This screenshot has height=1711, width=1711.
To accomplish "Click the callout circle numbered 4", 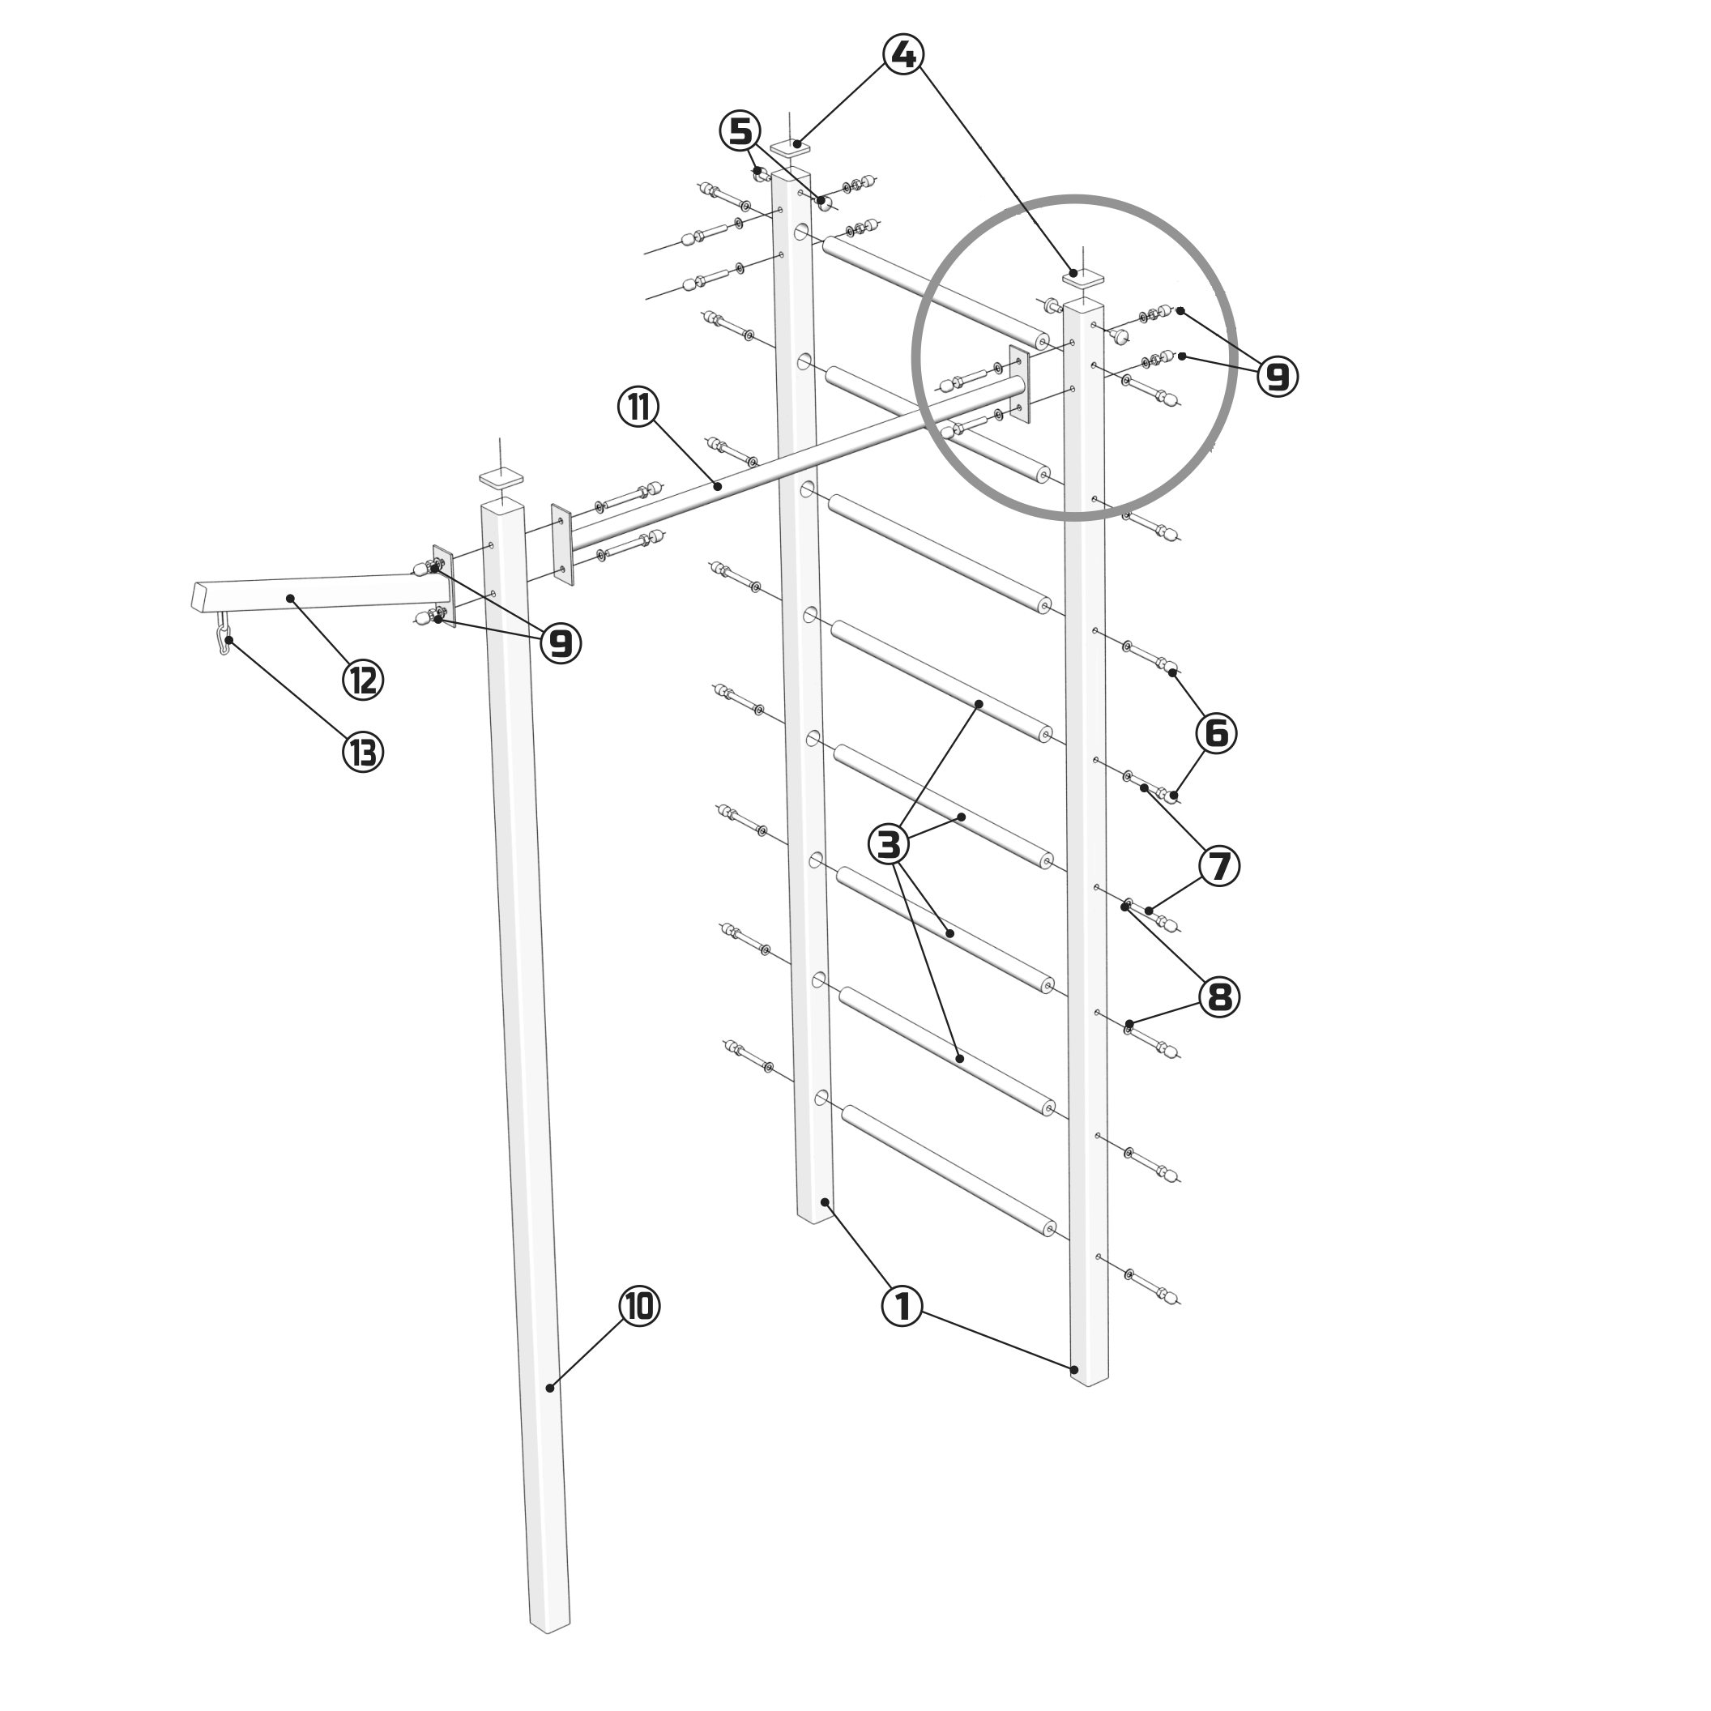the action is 903,55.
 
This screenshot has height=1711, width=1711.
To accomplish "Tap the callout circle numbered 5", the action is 740,132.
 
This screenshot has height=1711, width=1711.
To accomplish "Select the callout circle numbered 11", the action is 638,407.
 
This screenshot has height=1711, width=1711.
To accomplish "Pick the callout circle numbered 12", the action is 363,681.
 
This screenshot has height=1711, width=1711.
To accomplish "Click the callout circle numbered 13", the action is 363,753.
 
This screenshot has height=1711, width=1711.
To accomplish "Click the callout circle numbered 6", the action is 1217,733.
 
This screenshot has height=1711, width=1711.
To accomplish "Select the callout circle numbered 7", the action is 1220,865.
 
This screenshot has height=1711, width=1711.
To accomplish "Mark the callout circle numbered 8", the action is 1219,997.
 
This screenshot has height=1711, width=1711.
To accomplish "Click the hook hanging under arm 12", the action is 224,633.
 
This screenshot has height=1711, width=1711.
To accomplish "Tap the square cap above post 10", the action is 502,478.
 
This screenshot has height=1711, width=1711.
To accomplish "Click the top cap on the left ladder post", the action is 791,146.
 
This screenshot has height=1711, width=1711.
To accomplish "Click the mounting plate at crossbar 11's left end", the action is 561,544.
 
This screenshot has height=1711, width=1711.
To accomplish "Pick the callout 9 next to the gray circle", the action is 1277,377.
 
